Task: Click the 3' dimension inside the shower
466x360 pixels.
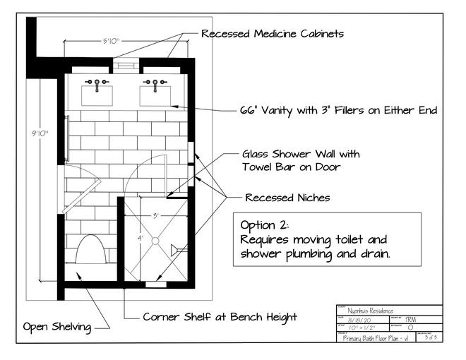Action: point(155,215)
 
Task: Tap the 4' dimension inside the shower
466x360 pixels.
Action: point(140,239)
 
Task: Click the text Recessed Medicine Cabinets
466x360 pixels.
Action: point(273,33)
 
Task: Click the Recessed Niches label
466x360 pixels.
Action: point(287,197)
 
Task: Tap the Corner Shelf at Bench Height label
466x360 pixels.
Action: point(220,317)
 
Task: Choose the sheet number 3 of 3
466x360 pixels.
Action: point(429,337)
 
